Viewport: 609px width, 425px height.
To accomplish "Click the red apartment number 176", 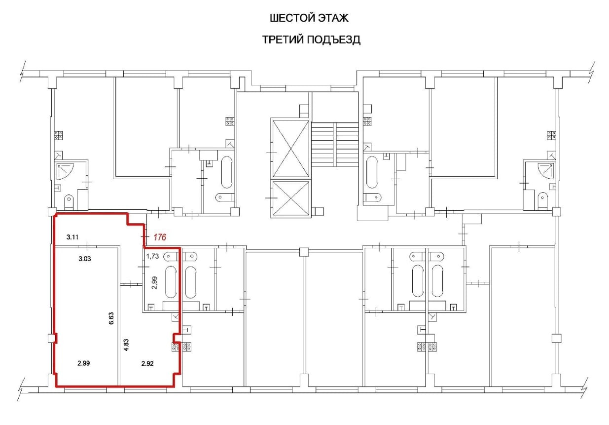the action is coord(159,237).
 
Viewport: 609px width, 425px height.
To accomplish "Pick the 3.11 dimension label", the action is coord(73,237).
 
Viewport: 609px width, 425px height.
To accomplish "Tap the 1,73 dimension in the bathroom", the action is coord(153,257).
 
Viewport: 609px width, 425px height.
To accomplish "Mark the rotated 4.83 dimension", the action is coord(127,344).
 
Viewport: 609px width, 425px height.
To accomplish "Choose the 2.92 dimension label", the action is coord(147,364).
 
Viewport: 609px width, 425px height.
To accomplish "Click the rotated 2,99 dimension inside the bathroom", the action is coord(155,285).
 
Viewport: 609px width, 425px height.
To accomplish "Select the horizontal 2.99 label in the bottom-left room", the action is coord(84,364).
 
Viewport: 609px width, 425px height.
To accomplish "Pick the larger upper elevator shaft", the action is coord(290,148).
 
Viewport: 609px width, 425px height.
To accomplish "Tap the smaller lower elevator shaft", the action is coord(291,199).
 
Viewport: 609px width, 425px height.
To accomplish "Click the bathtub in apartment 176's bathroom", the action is coord(171,282).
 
